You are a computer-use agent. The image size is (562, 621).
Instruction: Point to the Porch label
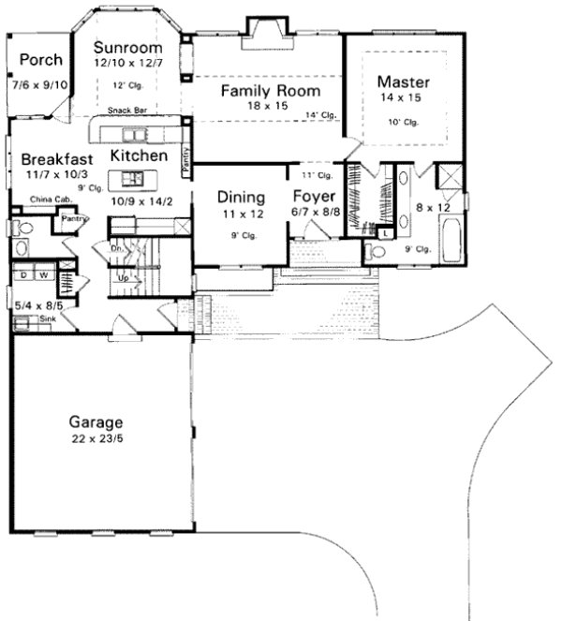coord(40,60)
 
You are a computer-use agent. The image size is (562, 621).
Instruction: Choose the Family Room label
coord(270,91)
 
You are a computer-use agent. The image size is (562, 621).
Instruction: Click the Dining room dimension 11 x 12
coord(241,214)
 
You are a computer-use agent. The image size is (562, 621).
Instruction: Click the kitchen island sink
coord(130,178)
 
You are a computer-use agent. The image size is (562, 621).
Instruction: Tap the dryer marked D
coord(23,275)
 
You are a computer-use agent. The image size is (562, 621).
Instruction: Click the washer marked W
coord(43,275)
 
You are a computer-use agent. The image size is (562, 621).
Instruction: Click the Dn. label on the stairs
coord(116,249)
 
